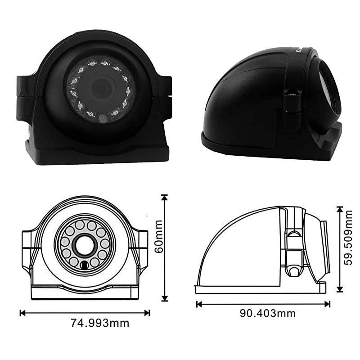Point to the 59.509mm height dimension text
click(347, 243)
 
